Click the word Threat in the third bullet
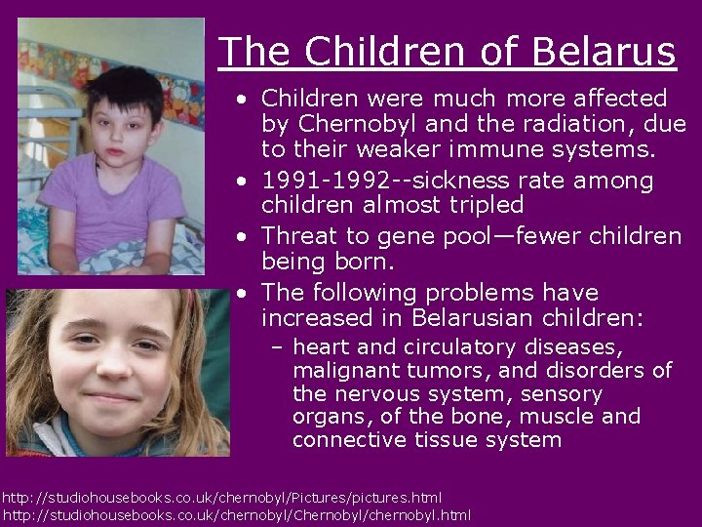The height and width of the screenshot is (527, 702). click(298, 237)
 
